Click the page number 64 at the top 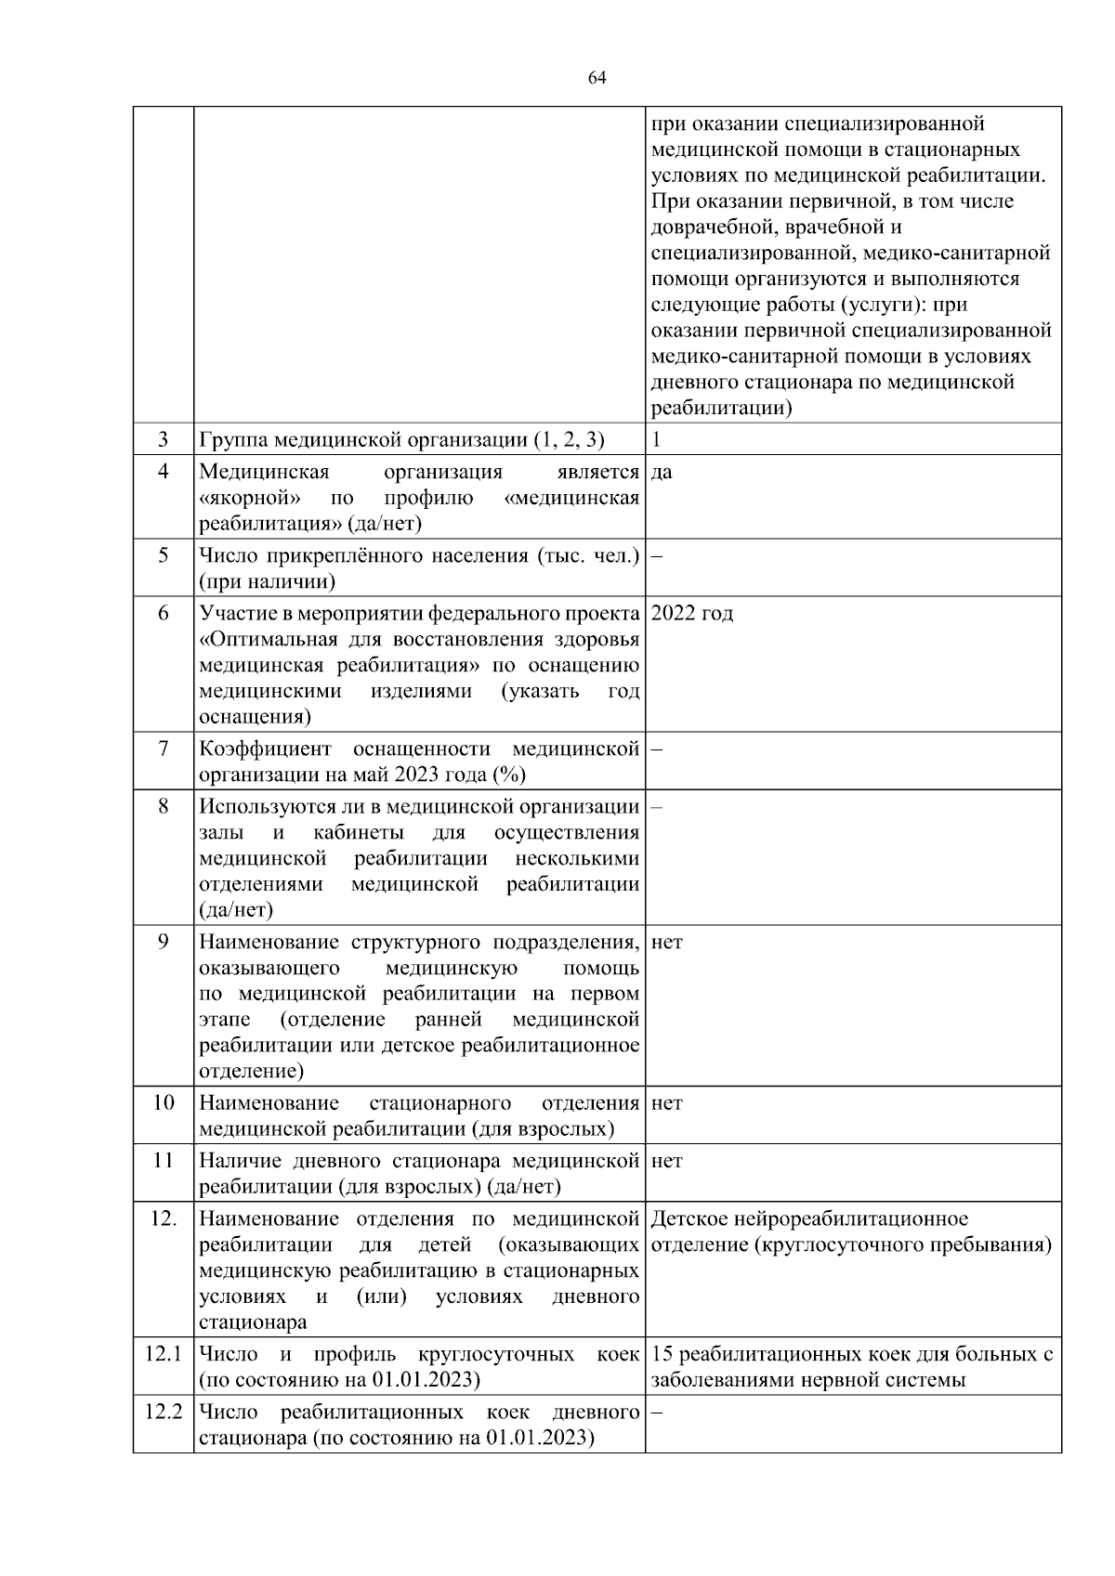597,78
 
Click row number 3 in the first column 163,439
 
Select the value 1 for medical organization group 656,439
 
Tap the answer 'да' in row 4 662,473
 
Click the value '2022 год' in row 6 692,614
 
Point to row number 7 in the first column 163,749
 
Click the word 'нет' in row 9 667,943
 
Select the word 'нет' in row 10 667,1103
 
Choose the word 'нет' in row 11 667,1161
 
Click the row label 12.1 163,1354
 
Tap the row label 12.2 163,1412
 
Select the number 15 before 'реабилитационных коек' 662,1354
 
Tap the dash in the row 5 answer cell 656,556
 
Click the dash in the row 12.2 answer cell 656,1413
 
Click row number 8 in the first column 163,806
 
